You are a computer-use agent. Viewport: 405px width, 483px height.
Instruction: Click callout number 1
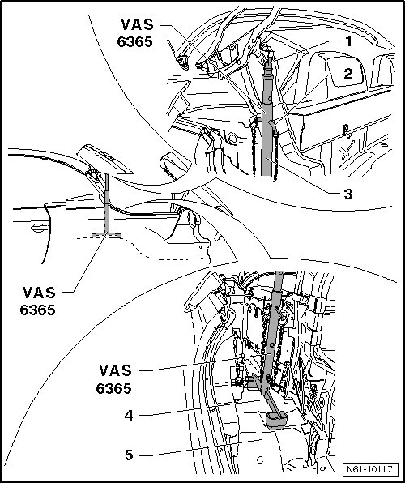[348, 41]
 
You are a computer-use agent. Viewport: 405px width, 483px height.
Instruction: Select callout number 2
[347, 74]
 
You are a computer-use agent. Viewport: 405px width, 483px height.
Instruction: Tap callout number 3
[348, 194]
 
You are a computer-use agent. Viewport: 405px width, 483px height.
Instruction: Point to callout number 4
[129, 415]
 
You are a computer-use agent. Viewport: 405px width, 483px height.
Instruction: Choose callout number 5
[129, 455]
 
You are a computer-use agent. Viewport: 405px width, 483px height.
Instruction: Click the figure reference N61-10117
[370, 469]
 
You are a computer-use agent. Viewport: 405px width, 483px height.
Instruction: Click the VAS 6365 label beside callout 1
[135, 33]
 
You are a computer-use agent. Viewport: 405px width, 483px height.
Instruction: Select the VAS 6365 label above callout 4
[114, 379]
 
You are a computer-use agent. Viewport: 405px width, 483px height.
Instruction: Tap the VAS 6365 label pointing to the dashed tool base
[38, 301]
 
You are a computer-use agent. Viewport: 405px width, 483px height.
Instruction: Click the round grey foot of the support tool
[277, 420]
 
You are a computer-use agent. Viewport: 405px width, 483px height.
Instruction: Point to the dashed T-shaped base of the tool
[107, 228]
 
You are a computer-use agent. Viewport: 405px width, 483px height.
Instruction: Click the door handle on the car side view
[39, 228]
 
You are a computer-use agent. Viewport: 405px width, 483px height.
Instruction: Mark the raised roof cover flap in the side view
[104, 160]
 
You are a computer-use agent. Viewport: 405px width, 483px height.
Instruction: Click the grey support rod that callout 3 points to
[266, 123]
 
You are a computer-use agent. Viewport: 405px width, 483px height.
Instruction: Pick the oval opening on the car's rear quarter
[192, 219]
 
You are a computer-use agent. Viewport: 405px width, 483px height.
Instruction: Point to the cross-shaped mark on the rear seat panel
[347, 150]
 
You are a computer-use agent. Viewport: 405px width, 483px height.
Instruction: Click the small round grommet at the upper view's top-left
[184, 62]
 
